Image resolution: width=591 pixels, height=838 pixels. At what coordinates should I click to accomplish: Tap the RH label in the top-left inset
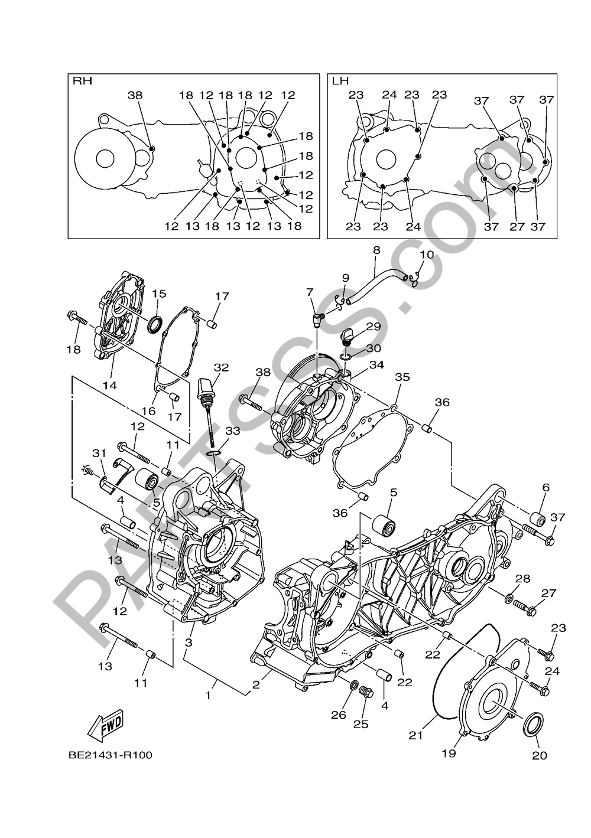82,81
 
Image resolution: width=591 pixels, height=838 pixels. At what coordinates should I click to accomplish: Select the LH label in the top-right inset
340,81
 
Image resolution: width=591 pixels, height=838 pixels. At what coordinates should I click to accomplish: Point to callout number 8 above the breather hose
376,250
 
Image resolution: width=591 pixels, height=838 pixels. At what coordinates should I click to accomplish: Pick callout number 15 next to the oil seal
158,294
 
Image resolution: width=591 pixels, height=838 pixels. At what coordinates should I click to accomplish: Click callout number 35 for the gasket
402,377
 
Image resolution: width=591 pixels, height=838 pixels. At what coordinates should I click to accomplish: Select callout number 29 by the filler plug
373,327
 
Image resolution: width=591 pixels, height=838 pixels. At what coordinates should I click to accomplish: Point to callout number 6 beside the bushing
545,487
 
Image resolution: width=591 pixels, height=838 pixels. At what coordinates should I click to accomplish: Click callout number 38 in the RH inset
135,95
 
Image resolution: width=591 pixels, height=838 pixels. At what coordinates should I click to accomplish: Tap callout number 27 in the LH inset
517,226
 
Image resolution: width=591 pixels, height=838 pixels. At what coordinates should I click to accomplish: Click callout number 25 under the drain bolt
361,724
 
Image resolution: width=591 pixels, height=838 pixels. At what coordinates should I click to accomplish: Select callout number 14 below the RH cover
110,385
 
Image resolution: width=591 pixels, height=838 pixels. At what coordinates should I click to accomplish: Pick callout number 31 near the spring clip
99,454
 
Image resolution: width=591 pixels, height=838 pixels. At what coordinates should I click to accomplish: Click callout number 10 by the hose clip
426,255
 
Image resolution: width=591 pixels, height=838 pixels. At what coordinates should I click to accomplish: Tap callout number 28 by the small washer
522,579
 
